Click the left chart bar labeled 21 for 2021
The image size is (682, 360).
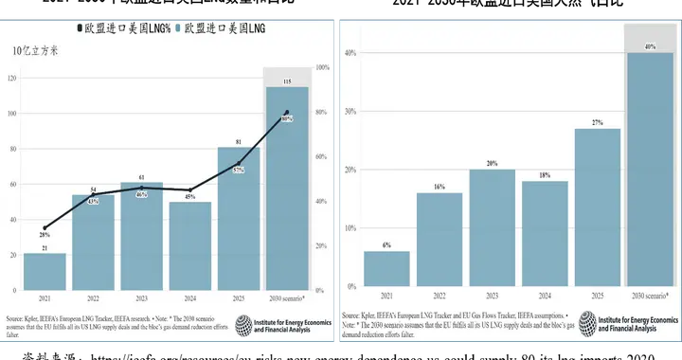coord(45,271)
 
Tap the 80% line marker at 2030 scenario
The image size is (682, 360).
coord(287,113)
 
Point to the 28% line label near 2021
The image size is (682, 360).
coord(44,234)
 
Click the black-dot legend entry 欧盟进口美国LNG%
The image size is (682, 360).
coord(122,28)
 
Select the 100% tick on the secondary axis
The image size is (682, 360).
coord(320,67)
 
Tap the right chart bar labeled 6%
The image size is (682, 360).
coord(386,268)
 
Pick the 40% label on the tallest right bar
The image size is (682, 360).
coord(650,45)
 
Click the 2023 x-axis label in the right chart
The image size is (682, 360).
coord(492,296)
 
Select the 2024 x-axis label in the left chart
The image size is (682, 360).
coord(190,297)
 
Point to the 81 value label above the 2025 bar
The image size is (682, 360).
coord(239,141)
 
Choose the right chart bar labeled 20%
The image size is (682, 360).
coord(492,227)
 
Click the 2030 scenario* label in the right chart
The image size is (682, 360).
coord(650,296)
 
